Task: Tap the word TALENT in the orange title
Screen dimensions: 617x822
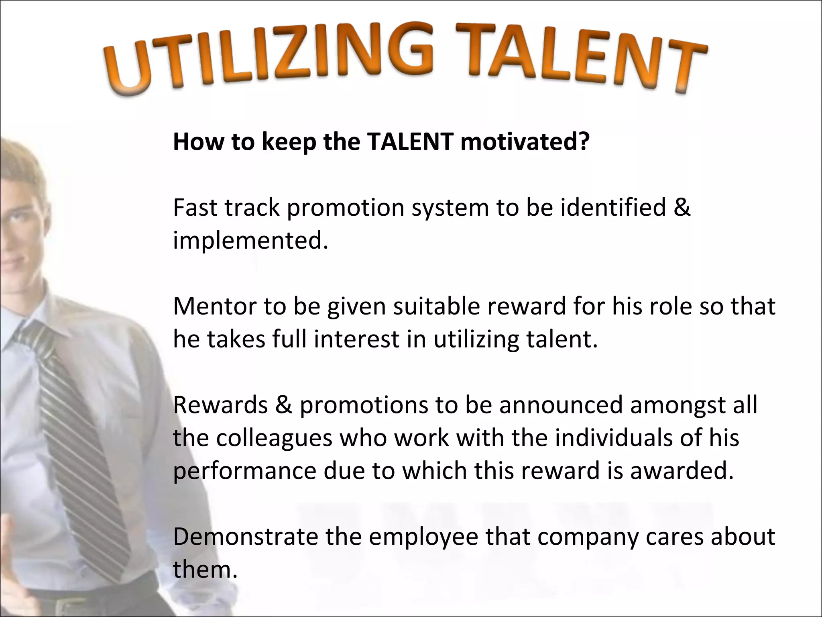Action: (x=582, y=58)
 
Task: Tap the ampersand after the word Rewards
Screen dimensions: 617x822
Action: (x=284, y=405)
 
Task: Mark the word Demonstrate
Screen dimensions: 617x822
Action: (x=245, y=537)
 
